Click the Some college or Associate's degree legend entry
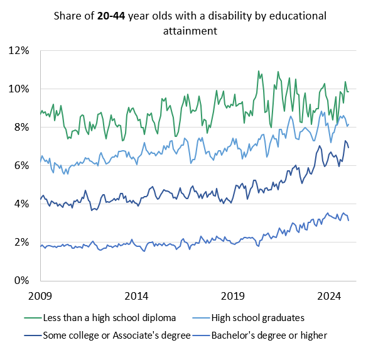tap(117, 335)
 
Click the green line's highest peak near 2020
tap(259, 71)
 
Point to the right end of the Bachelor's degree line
tap(348, 220)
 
